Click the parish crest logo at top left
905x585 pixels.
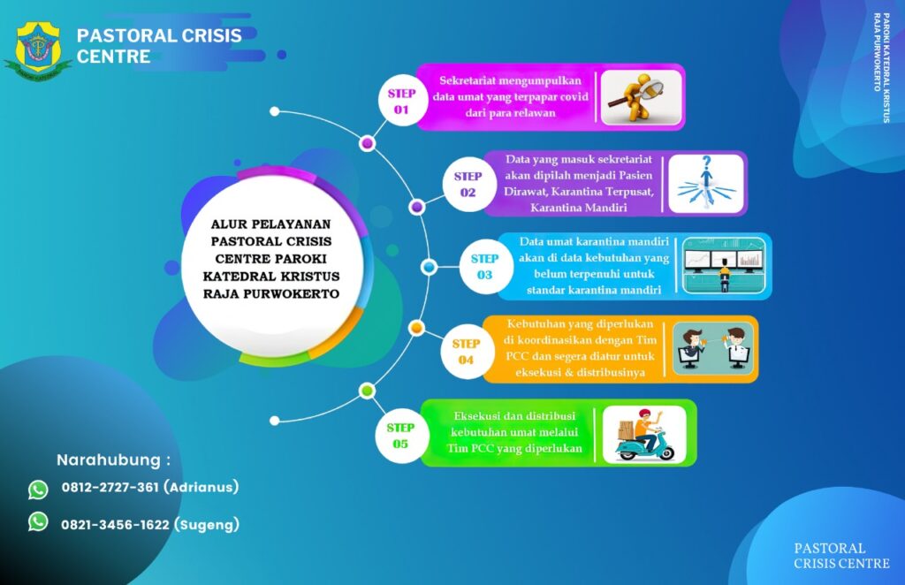tap(38, 50)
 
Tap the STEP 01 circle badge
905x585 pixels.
tap(402, 101)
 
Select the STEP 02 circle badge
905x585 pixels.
tap(468, 184)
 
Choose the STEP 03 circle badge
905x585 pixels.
tap(485, 267)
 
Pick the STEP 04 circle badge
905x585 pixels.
tap(466, 352)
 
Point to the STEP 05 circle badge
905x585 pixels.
tap(400, 436)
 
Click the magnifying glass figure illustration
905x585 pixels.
tap(642, 97)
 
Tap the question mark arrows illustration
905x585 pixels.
tap(706, 184)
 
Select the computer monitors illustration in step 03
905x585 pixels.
tap(724, 265)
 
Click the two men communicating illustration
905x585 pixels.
tap(714, 349)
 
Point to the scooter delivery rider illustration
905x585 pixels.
tap(644, 434)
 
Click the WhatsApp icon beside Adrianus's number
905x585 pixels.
tap(38, 490)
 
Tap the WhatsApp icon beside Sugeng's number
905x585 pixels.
tap(38, 521)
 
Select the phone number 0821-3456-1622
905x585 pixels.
tap(116, 525)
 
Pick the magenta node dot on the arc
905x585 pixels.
tap(367, 143)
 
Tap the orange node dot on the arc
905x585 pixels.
tap(417, 328)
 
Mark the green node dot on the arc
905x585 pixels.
tap(367, 391)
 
